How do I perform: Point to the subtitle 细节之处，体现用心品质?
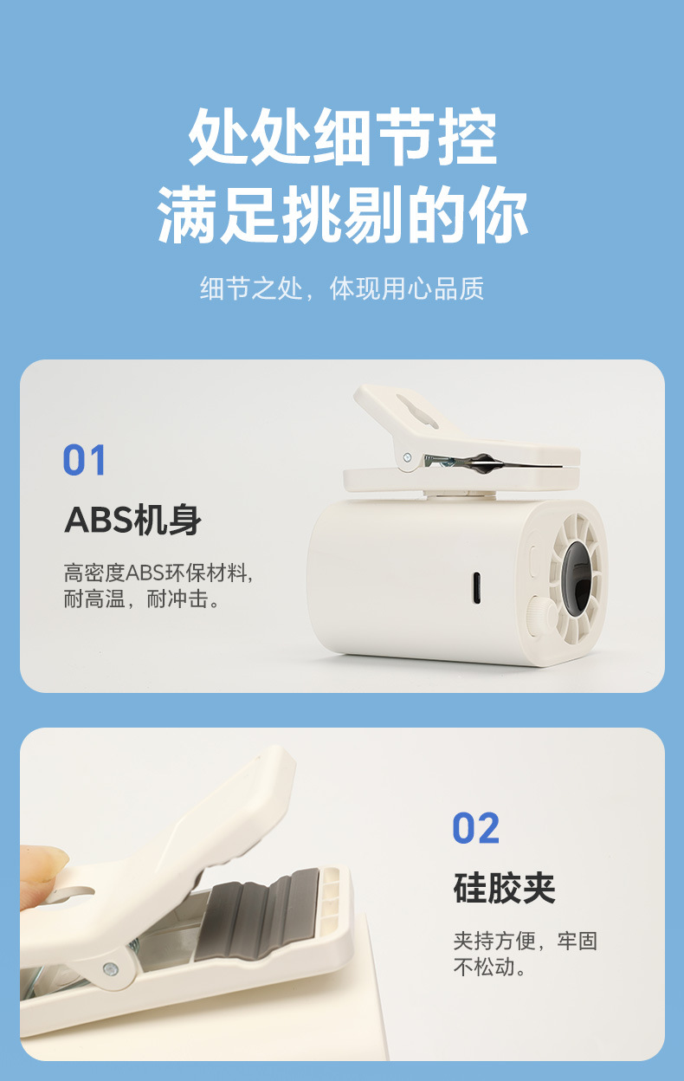pyautogui.click(x=342, y=288)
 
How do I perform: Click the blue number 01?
pyautogui.click(x=84, y=461)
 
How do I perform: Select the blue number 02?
pyautogui.click(x=475, y=829)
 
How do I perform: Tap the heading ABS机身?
pyautogui.click(x=132, y=521)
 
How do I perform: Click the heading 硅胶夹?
pyautogui.click(x=504, y=889)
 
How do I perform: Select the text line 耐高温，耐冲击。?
pyautogui.click(x=142, y=599)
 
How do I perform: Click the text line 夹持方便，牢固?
pyautogui.click(x=525, y=941)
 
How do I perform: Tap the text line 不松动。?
pyautogui.click(x=490, y=968)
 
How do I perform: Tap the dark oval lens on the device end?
pyautogui.click(x=574, y=575)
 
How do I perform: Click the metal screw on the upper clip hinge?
pyautogui.click(x=407, y=456)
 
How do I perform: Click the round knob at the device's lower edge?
pyautogui.click(x=541, y=612)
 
